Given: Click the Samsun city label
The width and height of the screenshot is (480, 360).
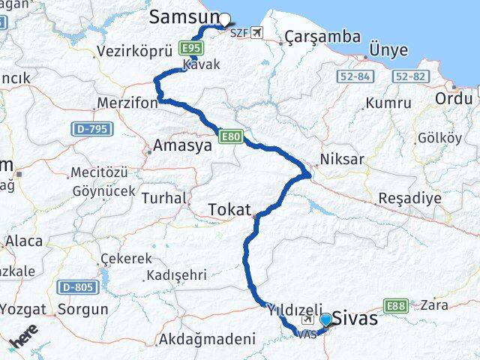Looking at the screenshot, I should click(184, 16).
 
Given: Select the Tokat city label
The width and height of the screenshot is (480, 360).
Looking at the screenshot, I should click(229, 210).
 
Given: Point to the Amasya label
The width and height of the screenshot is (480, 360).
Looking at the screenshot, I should click(182, 145).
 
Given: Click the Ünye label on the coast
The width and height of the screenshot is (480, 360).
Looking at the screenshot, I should click(388, 50).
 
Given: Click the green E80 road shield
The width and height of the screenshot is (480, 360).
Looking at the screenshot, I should click(229, 136).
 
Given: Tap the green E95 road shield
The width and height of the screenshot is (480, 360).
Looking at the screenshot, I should click(190, 49).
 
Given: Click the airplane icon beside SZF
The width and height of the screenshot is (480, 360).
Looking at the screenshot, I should click(259, 32).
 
